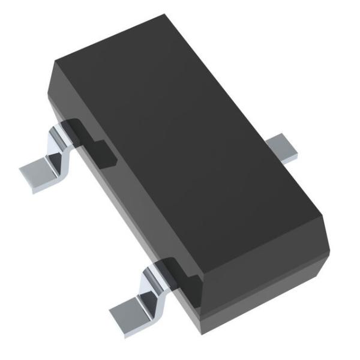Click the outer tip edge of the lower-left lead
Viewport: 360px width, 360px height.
point(117,318)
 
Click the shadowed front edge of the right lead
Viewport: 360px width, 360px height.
point(287,159)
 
